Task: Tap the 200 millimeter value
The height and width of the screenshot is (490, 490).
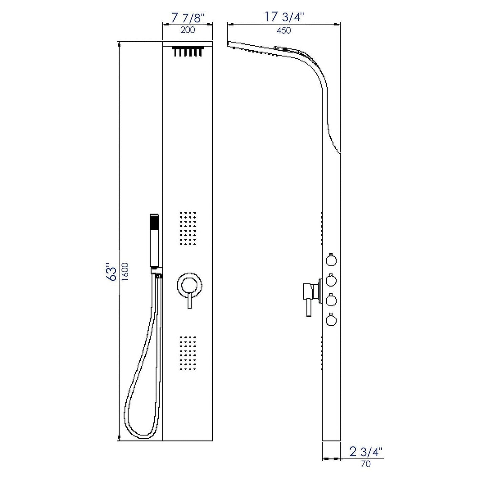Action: [188, 30]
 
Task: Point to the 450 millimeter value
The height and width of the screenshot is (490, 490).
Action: [283, 31]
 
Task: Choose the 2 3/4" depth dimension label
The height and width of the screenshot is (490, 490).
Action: [366, 452]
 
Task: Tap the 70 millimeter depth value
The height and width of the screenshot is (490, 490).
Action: [366, 464]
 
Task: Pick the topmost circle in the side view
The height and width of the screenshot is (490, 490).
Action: [331, 260]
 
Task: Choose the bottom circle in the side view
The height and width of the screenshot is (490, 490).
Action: [331, 320]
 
